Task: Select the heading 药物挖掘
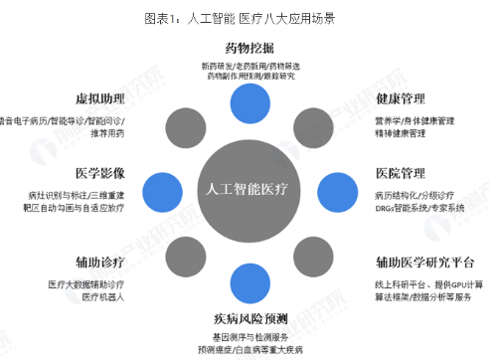click(x=250, y=47)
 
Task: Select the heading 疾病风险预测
click(x=250, y=318)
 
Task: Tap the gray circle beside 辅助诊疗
click(x=189, y=247)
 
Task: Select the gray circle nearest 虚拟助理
click(x=189, y=127)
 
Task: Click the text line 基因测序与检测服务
click(x=250, y=336)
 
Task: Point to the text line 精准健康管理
click(x=402, y=131)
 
